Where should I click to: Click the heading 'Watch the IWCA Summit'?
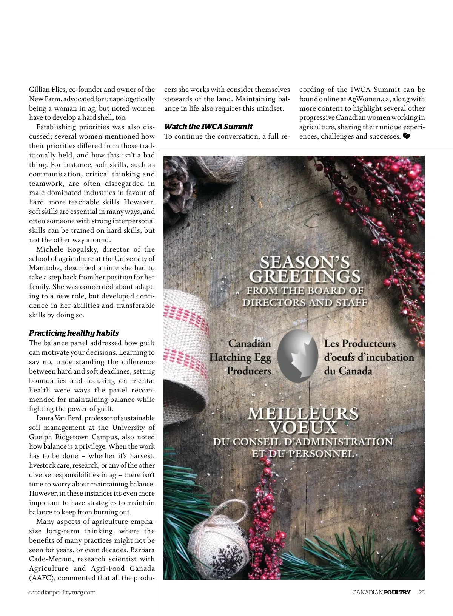click(208, 127)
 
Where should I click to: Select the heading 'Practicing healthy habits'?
click(74, 333)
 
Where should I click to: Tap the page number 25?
click(421, 592)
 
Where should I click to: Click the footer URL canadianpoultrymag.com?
click(62, 592)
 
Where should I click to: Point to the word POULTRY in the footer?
click(397, 592)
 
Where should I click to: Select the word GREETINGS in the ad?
click(305, 276)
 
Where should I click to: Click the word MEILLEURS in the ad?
click(303, 414)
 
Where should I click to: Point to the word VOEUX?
click(303, 428)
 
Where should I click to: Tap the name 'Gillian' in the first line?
click(39, 90)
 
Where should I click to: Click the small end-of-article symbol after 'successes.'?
click(407, 136)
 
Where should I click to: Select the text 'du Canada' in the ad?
click(348, 371)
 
